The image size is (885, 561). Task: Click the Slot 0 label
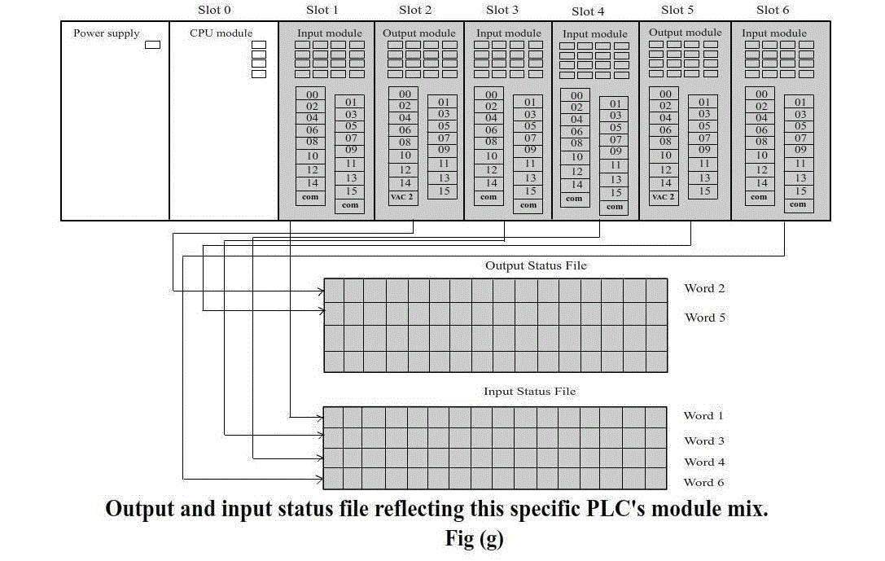[214, 10]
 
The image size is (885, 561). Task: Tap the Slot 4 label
[588, 11]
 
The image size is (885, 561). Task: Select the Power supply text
[106, 33]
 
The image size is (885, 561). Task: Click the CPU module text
[221, 33]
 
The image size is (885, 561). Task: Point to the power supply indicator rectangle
[152, 45]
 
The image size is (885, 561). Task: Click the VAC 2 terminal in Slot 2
[402, 197]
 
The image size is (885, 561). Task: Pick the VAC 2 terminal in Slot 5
[664, 197]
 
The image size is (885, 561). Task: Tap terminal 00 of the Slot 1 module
[312, 94]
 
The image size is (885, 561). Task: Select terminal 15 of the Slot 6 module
[800, 191]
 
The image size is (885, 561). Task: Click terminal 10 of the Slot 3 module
[491, 156]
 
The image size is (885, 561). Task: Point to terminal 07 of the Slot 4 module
[616, 139]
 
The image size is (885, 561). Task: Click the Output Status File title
[536, 265]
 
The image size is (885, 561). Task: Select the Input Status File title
[529, 391]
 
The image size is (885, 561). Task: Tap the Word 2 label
[704, 288]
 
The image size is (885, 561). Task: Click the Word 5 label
[705, 318]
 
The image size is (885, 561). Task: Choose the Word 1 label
[703, 416]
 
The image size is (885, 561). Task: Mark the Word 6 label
[703, 483]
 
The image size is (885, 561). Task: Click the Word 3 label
[703, 440]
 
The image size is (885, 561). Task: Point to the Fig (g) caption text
[474, 538]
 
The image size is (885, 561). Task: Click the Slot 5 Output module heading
[685, 33]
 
